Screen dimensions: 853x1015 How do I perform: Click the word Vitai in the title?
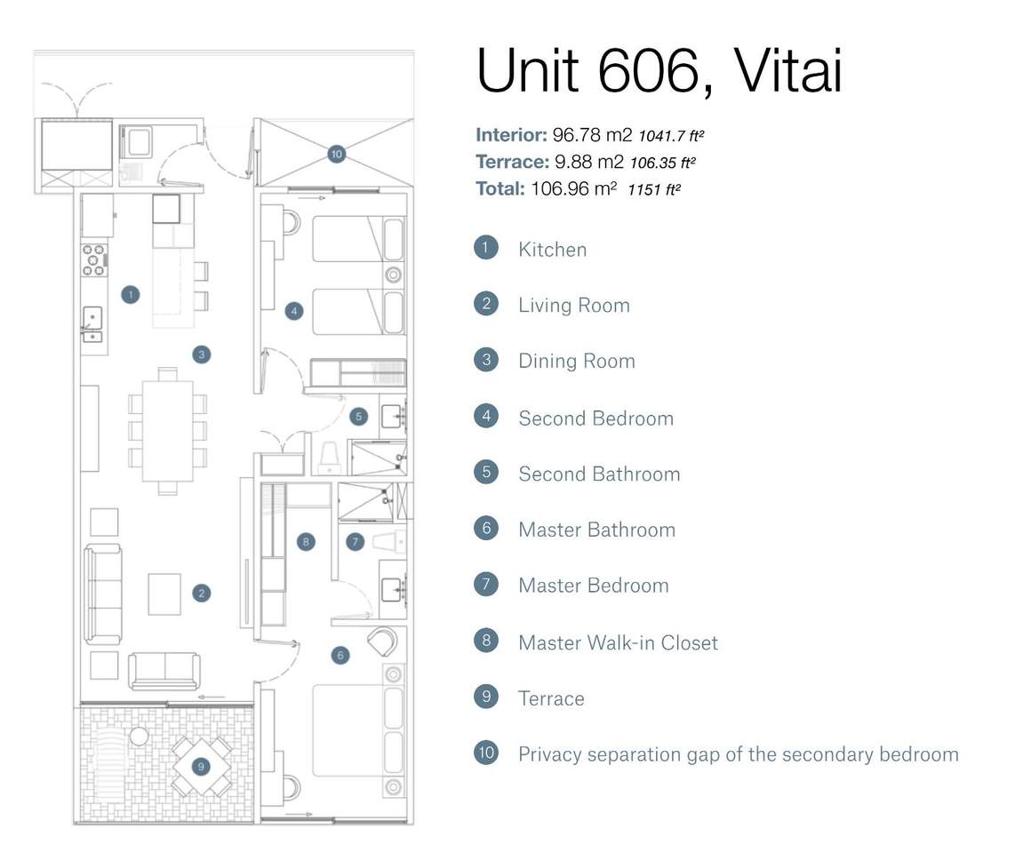(787, 71)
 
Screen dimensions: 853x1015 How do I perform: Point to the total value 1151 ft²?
(654, 188)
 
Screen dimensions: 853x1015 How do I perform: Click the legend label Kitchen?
(552, 250)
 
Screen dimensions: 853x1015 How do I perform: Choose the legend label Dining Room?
(576, 361)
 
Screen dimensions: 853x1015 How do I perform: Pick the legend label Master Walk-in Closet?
(618, 642)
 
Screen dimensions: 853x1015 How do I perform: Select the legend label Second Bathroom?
(599, 474)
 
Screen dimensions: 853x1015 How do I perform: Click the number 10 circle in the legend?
(486, 753)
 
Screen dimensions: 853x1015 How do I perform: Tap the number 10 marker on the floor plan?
(336, 154)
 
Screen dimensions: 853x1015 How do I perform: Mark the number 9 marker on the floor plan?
(201, 765)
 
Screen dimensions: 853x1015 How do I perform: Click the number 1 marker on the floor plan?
(131, 294)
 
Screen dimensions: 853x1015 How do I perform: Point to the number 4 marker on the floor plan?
(294, 311)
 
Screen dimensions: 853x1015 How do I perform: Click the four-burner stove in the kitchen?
(94, 259)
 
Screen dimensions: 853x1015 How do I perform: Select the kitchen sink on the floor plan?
(92, 323)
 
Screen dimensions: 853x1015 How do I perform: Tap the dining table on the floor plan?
(168, 431)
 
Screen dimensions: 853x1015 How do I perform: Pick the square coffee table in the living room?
(164, 594)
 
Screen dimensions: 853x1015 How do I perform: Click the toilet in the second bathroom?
(329, 457)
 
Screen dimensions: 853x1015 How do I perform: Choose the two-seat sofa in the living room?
(164, 670)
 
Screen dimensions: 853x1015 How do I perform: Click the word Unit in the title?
(530, 71)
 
